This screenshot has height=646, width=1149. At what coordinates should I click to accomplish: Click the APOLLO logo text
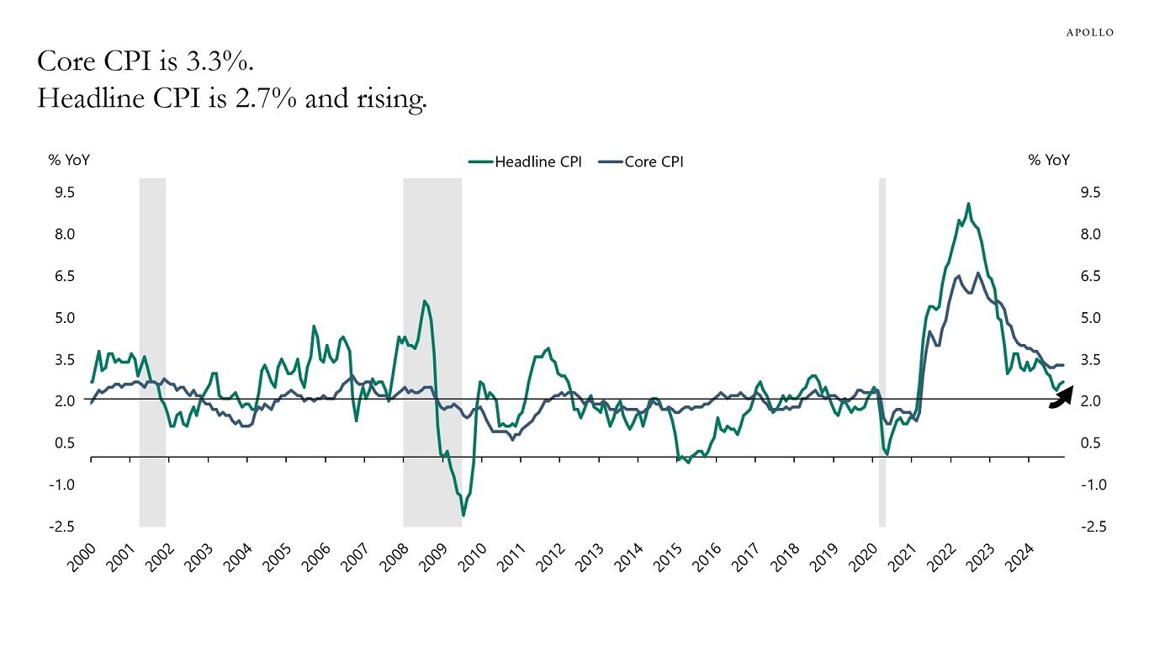(x=1089, y=32)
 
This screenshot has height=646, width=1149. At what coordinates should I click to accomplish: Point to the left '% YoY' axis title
(x=68, y=160)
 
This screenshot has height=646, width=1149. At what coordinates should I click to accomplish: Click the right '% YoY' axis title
(x=1049, y=160)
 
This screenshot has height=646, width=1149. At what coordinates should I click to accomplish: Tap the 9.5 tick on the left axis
(x=65, y=193)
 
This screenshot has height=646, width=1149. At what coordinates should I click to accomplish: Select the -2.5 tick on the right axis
(x=1090, y=527)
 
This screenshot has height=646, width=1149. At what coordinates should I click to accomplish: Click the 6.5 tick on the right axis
(x=1090, y=276)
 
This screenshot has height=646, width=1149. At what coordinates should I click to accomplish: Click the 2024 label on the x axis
(x=1020, y=557)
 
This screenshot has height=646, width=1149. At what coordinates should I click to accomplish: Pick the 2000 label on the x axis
(x=82, y=557)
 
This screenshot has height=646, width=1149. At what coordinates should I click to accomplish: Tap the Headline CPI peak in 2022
(x=968, y=204)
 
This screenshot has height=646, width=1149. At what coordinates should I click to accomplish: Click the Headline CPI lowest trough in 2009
(x=463, y=515)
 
